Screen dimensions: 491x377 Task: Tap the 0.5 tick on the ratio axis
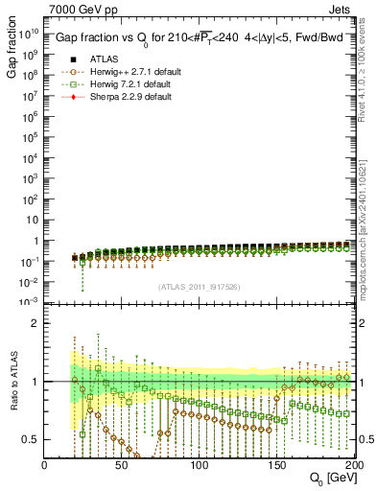click(x=34, y=440)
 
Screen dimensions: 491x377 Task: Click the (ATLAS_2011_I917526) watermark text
click(x=200, y=286)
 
